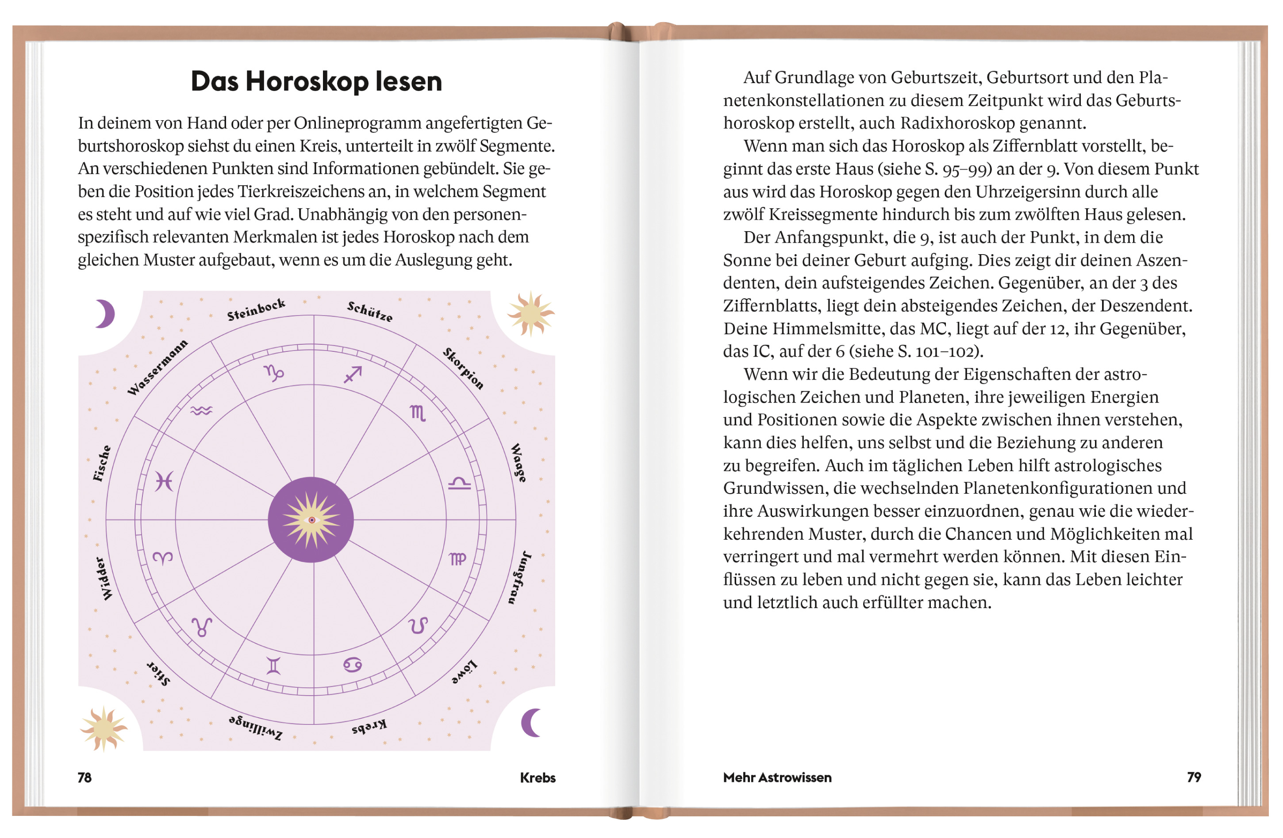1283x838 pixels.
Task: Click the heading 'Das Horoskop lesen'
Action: point(316,82)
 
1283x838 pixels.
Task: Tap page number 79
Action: point(1194,777)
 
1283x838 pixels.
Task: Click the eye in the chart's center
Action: point(311,520)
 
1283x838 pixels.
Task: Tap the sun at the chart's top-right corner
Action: point(531,313)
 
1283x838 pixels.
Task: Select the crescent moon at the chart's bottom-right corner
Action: point(531,723)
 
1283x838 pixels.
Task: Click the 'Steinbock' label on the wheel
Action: point(256,309)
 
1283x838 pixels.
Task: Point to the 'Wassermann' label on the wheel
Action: point(157,367)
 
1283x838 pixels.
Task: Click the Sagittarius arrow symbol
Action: point(353,374)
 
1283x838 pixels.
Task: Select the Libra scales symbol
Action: point(459,484)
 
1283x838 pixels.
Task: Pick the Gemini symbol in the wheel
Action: point(274,666)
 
